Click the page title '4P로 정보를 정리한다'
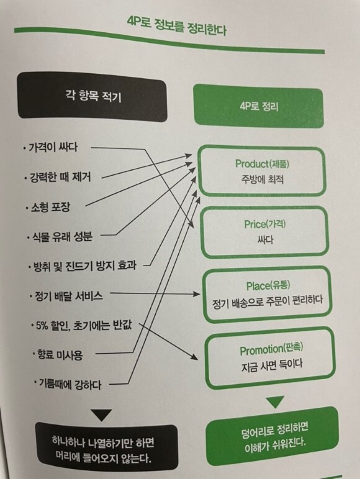[177, 27]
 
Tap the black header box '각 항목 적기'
[92, 97]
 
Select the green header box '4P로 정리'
[259, 106]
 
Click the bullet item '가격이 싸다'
[50, 148]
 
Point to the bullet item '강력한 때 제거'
[58, 177]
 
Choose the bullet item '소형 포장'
[48, 207]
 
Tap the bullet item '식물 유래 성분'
[60, 237]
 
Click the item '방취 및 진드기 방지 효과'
[83, 266]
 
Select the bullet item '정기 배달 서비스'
[66, 296]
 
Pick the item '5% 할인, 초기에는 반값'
[81, 325]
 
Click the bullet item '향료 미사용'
[58, 355]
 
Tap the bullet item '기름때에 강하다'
[68, 384]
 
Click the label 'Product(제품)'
[262, 164]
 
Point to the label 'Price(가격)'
[265, 224]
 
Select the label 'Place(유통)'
[268, 286]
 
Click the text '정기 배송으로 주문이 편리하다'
[268, 301]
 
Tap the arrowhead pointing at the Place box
[197, 294]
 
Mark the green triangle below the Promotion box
[275, 401]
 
